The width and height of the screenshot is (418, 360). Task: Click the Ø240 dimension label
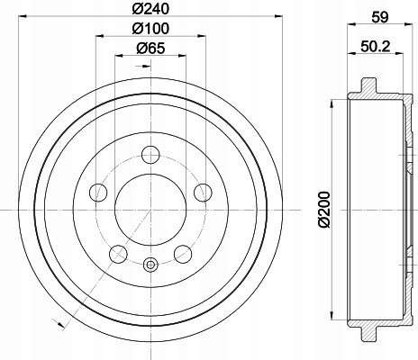coord(150,8)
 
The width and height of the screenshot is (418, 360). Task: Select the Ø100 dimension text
coord(150,29)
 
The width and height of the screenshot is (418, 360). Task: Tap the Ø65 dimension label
coord(150,48)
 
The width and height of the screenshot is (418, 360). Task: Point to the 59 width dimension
coord(380,17)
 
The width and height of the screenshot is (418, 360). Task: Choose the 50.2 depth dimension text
coord(376,47)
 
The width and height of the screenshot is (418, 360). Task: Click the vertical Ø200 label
coord(323,210)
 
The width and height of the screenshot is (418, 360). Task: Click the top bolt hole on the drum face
coord(150,155)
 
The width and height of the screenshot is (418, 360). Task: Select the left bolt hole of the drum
coord(98,193)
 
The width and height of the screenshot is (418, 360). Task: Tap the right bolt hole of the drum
coord(203,193)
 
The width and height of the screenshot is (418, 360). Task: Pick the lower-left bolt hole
coord(118,254)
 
